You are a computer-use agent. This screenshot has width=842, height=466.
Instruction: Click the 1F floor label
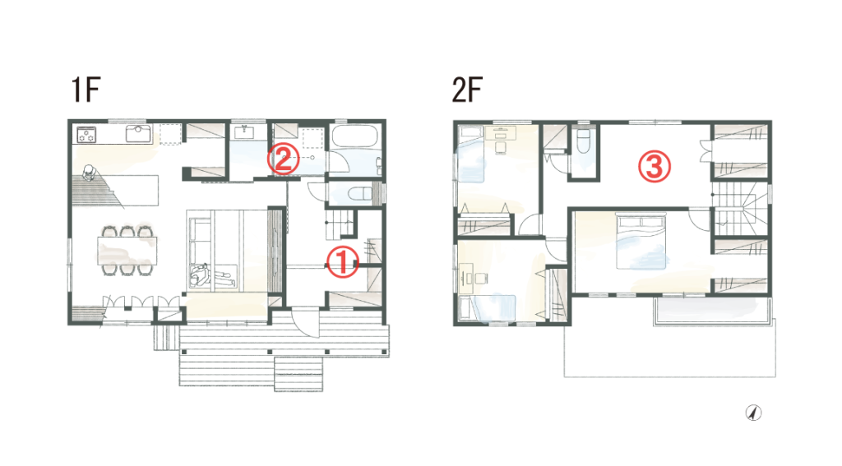tap(86, 90)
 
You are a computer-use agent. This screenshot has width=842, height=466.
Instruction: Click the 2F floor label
tap(467, 90)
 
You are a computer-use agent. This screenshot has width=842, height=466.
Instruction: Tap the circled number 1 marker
tap(343, 262)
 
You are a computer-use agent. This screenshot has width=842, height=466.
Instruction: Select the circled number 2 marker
tap(284, 159)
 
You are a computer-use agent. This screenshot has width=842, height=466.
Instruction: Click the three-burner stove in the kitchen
tap(86, 134)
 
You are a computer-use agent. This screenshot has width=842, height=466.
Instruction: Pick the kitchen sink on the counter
tap(138, 133)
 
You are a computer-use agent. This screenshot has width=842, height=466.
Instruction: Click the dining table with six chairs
tap(127, 251)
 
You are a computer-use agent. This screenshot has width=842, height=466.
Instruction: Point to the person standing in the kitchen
tap(89, 173)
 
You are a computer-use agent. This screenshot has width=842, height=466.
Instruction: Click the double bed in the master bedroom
tap(641, 241)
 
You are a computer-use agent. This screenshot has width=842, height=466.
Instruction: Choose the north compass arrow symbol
tap(754, 413)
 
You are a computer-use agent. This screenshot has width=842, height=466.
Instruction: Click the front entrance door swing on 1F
tap(304, 323)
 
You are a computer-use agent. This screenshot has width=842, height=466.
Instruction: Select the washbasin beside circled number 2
tap(245, 131)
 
